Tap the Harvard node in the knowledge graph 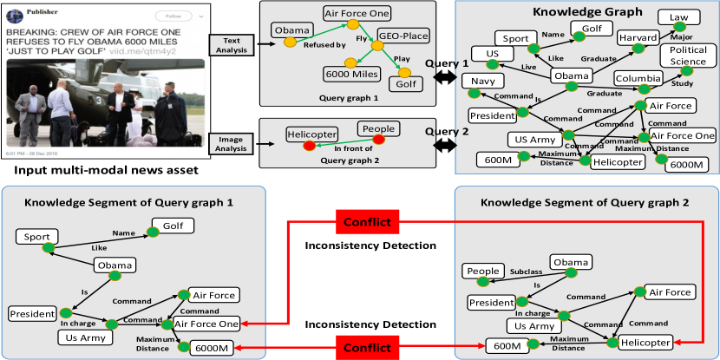click(x=638, y=39)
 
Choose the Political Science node click(x=688, y=56)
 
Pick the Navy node click(x=482, y=82)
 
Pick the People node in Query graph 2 click(x=378, y=129)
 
